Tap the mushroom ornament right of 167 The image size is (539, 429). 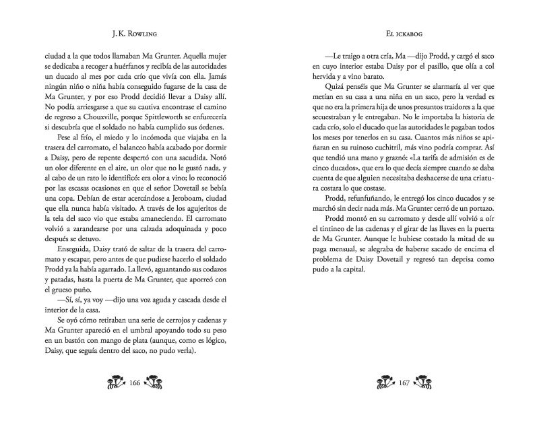(x=432, y=385)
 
